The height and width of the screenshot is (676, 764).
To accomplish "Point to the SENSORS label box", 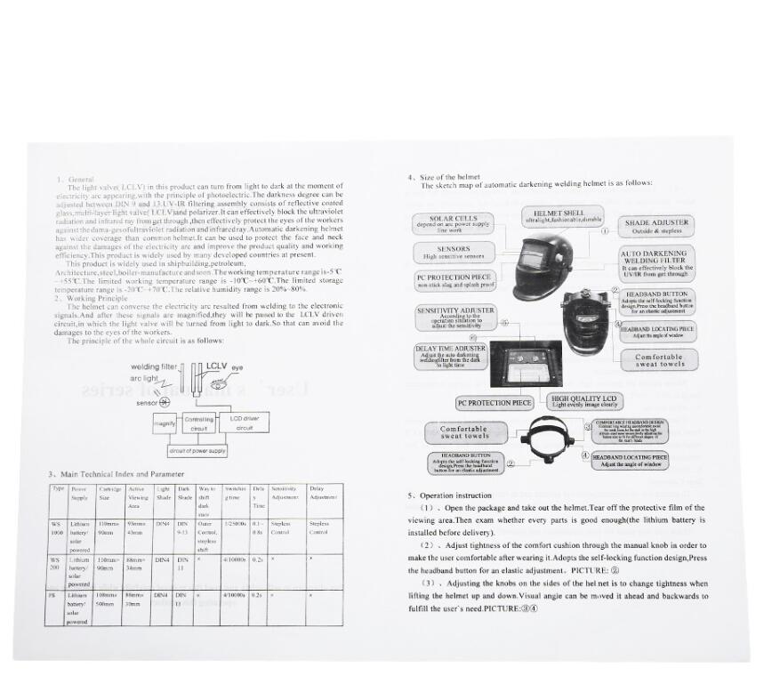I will pyautogui.click(x=454, y=253).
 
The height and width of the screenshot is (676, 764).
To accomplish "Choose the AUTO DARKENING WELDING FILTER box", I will pyautogui.click(x=656, y=260).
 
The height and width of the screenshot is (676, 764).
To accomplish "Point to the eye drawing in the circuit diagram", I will pyautogui.click(x=237, y=366).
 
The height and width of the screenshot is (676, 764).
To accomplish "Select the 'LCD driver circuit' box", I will pyautogui.click(x=245, y=422).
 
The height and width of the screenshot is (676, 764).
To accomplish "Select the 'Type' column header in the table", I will pyautogui.click(x=59, y=488).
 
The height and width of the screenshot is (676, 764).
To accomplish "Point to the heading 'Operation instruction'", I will pyautogui.click(x=453, y=495).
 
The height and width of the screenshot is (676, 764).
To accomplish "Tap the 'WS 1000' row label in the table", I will pyautogui.click(x=58, y=529).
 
